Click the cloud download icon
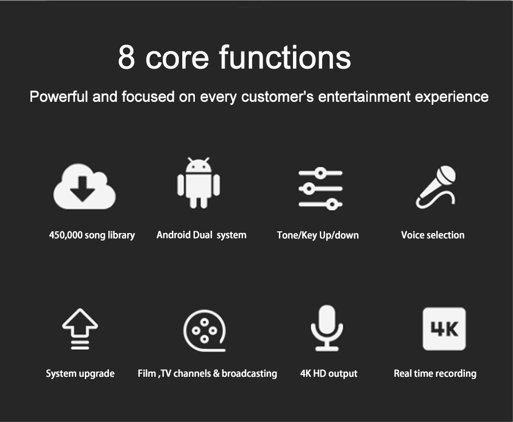tap(84, 187)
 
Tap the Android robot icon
tap(198, 183)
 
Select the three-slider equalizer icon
tap(320, 188)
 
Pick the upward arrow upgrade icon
tap(80, 329)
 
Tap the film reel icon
tap(205, 330)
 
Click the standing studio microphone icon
tap(327, 328)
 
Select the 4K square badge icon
tap(444, 329)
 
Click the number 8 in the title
tap(126, 57)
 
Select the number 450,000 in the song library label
tap(65, 235)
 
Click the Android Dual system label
tap(201, 235)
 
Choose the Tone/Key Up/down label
tap(318, 235)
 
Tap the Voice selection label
tap(433, 235)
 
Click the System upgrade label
tap(80, 374)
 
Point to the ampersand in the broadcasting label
tap(216, 373)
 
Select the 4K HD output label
tap(329, 374)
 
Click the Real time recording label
tap(435, 374)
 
